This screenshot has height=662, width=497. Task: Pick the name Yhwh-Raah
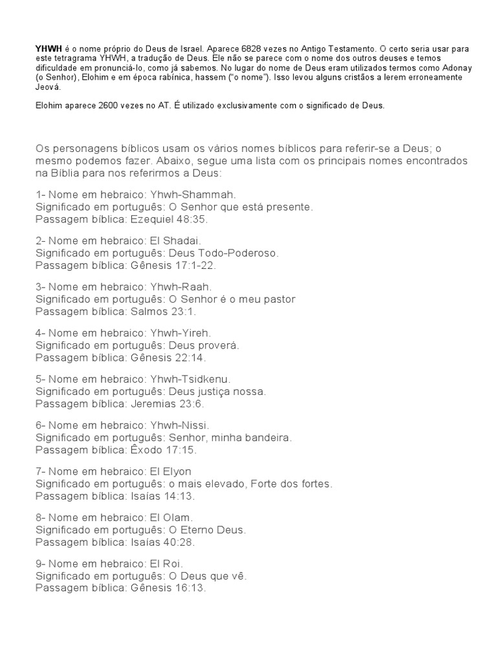point(189,286)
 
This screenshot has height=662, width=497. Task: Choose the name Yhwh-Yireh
point(190,333)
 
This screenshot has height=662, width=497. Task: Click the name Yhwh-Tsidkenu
point(199,379)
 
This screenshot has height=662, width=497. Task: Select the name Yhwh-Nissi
point(188,425)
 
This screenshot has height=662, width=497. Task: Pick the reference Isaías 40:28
point(153,543)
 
